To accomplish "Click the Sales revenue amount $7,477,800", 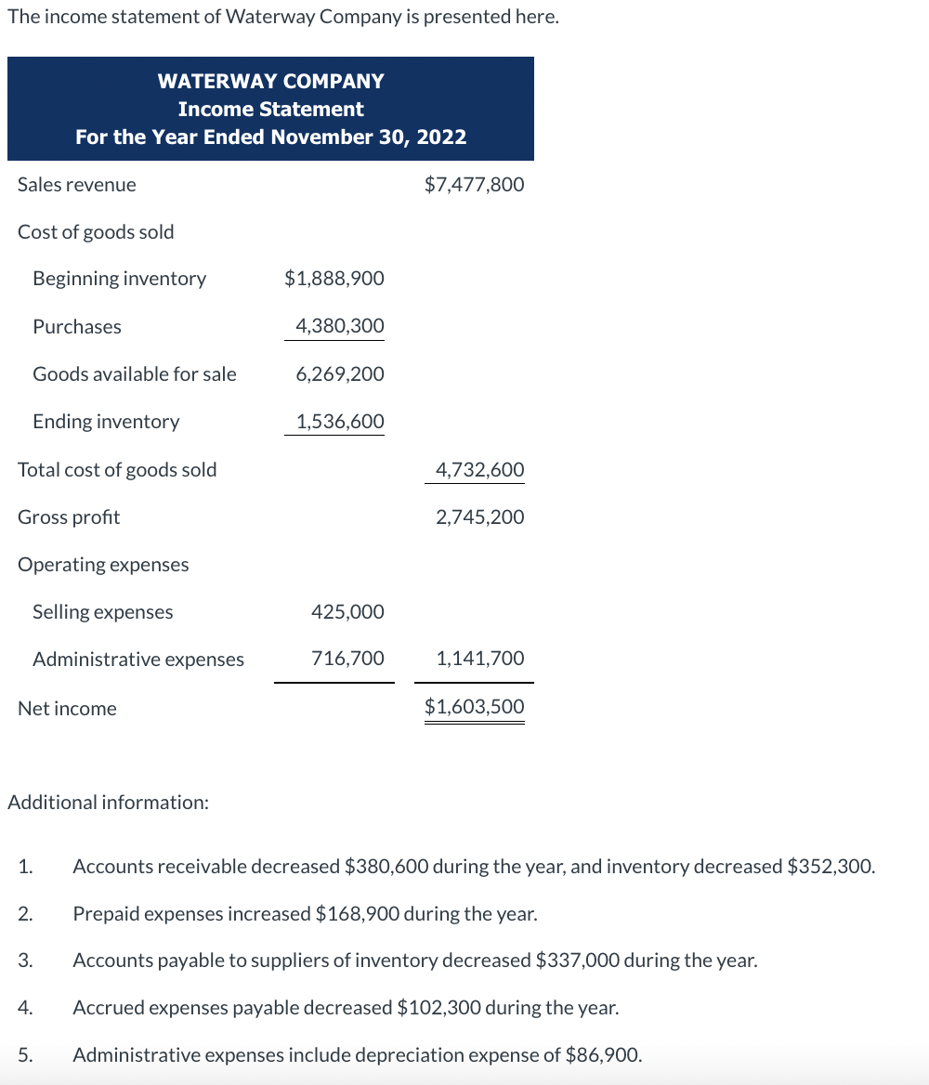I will [474, 184].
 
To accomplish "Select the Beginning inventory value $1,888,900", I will [334, 278].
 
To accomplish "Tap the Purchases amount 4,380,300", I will [339, 326].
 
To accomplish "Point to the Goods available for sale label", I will [135, 373].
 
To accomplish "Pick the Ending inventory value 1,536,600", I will [339, 421].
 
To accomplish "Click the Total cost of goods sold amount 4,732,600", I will [479, 469].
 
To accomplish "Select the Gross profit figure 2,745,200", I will [479, 516].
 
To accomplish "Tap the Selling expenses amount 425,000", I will [347, 611].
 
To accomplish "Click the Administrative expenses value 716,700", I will [347, 658].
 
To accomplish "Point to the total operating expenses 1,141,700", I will [479, 658].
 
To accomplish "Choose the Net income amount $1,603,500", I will [474, 706].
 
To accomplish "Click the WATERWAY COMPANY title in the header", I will [270, 81].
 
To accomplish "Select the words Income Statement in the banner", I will [270, 109].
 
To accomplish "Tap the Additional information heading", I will [108, 802].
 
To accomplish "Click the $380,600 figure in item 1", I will [386, 867].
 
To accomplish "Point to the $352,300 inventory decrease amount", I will [830, 867].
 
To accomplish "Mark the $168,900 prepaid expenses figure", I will [358, 913].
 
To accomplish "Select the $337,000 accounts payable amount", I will [578, 960].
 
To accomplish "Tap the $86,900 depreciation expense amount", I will [602, 1054].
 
